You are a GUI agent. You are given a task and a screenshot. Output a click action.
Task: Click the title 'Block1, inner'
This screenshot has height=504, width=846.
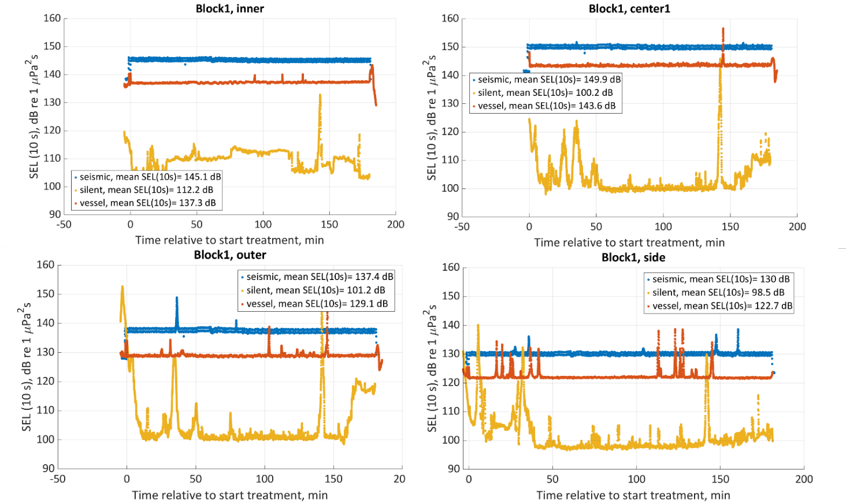(x=229, y=9)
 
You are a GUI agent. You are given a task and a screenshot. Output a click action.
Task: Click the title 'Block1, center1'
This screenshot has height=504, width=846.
(x=629, y=9)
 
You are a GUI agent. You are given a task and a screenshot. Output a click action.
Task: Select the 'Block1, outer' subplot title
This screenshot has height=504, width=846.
(x=230, y=255)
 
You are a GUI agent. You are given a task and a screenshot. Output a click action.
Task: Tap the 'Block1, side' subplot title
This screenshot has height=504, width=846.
(x=633, y=257)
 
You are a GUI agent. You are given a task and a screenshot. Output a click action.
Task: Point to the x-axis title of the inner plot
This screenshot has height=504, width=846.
(x=229, y=240)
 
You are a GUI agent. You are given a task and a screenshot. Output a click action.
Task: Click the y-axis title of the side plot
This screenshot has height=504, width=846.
(x=432, y=369)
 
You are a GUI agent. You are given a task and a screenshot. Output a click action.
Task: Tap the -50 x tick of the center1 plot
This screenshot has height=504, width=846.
(x=462, y=227)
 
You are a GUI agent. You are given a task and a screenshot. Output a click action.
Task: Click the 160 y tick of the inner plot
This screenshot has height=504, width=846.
(x=52, y=18)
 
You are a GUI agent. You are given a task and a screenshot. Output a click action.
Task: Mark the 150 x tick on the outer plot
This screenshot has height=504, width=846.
(x=333, y=479)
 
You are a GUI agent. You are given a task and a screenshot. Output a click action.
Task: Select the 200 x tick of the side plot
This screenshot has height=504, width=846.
(x=804, y=479)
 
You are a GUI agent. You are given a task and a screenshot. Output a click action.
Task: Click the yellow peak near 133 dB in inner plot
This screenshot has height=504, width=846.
(x=320, y=95)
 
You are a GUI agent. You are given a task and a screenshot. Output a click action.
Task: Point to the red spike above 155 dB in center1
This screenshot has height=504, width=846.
(x=723, y=29)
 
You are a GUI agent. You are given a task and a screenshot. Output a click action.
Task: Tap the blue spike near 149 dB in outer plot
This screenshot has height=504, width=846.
(x=177, y=298)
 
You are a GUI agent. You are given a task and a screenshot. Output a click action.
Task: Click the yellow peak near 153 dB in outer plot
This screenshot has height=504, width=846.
(x=122, y=287)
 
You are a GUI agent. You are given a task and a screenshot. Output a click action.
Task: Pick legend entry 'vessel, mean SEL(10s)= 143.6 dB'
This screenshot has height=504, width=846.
(x=546, y=106)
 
